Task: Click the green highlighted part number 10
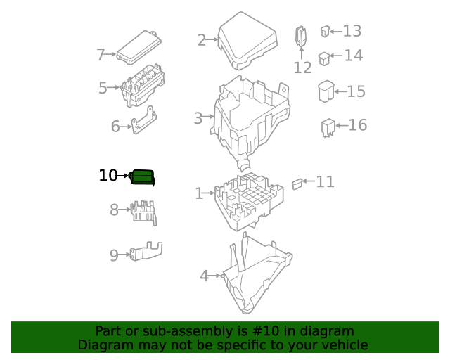[143, 178]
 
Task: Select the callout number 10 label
[108, 176]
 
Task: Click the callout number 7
[101, 55]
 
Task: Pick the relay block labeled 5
[142, 86]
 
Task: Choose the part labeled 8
[143, 211]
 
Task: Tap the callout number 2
[202, 40]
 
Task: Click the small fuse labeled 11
[297, 184]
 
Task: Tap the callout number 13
[352, 31]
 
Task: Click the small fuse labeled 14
[324, 58]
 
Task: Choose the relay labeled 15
[326, 92]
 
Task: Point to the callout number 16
[358, 125]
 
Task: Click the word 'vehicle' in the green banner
[342, 345]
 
